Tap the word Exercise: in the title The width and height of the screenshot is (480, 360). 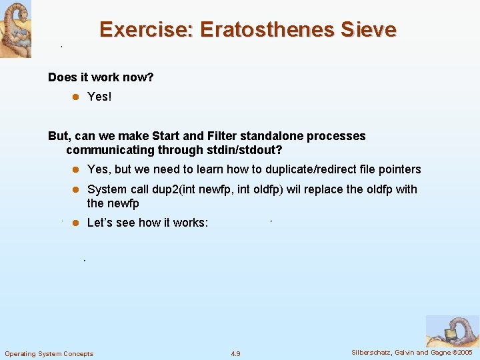(x=146, y=30)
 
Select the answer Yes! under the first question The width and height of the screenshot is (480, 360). (x=99, y=97)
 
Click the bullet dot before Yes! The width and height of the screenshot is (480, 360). (x=76, y=97)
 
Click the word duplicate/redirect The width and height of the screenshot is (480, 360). (x=315, y=169)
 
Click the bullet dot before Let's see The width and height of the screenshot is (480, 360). (x=76, y=223)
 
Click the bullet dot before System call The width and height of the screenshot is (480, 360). (x=76, y=189)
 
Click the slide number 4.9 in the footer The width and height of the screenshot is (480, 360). (x=235, y=353)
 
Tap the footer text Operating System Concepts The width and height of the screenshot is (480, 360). (x=49, y=353)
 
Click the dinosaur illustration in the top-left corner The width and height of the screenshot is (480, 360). (x=15, y=29)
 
